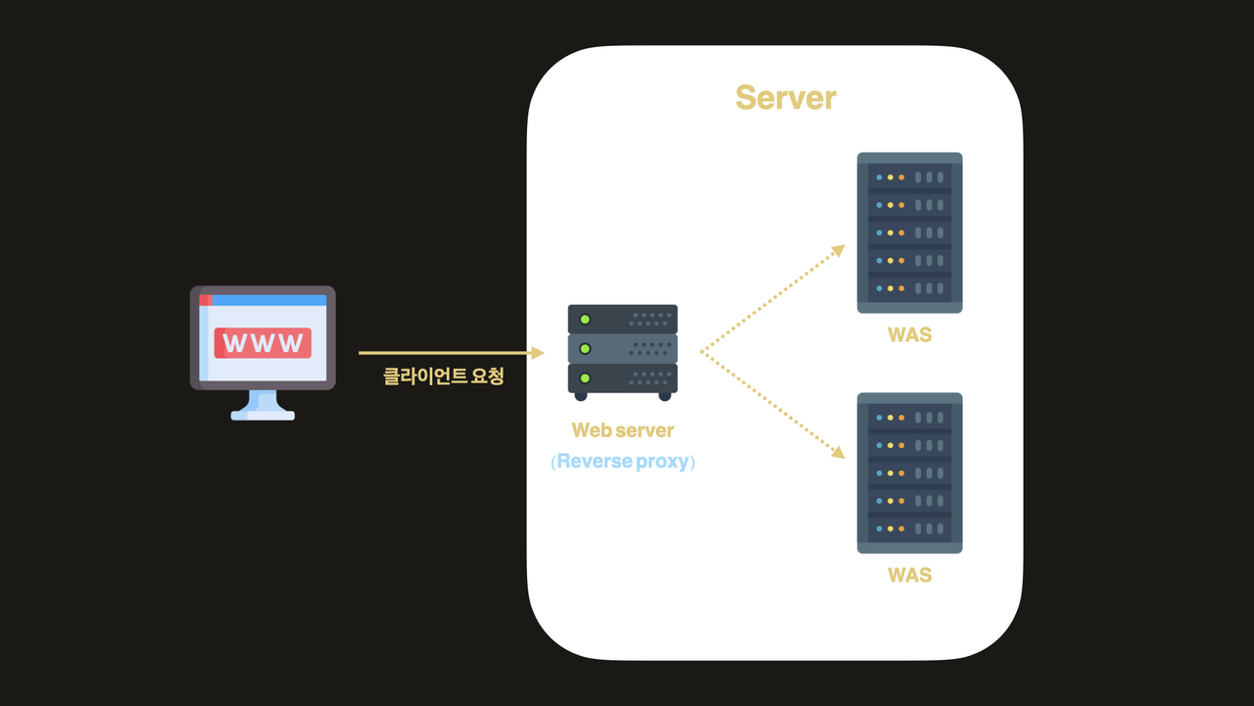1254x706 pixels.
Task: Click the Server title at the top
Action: [x=785, y=98]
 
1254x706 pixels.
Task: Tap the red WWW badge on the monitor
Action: [x=263, y=343]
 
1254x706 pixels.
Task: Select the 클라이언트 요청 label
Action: [x=443, y=376]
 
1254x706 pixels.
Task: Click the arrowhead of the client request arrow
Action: [x=538, y=352]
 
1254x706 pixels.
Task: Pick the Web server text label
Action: [x=623, y=430]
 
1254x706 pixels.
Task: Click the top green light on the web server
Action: [x=585, y=319]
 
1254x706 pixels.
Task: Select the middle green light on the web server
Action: [x=585, y=348]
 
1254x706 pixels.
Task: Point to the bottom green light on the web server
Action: [x=585, y=378]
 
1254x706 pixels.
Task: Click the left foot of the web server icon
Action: [x=581, y=396]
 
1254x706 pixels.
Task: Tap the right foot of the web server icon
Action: [x=665, y=396]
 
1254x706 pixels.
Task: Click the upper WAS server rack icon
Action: [x=909, y=232]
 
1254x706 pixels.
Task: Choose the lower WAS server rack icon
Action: [x=909, y=473]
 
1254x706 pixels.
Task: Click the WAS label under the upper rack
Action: [x=909, y=335]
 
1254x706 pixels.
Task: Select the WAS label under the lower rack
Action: [x=909, y=576]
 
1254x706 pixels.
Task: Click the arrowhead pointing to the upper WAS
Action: [x=839, y=249]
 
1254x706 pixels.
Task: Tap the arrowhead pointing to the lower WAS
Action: [x=839, y=453]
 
